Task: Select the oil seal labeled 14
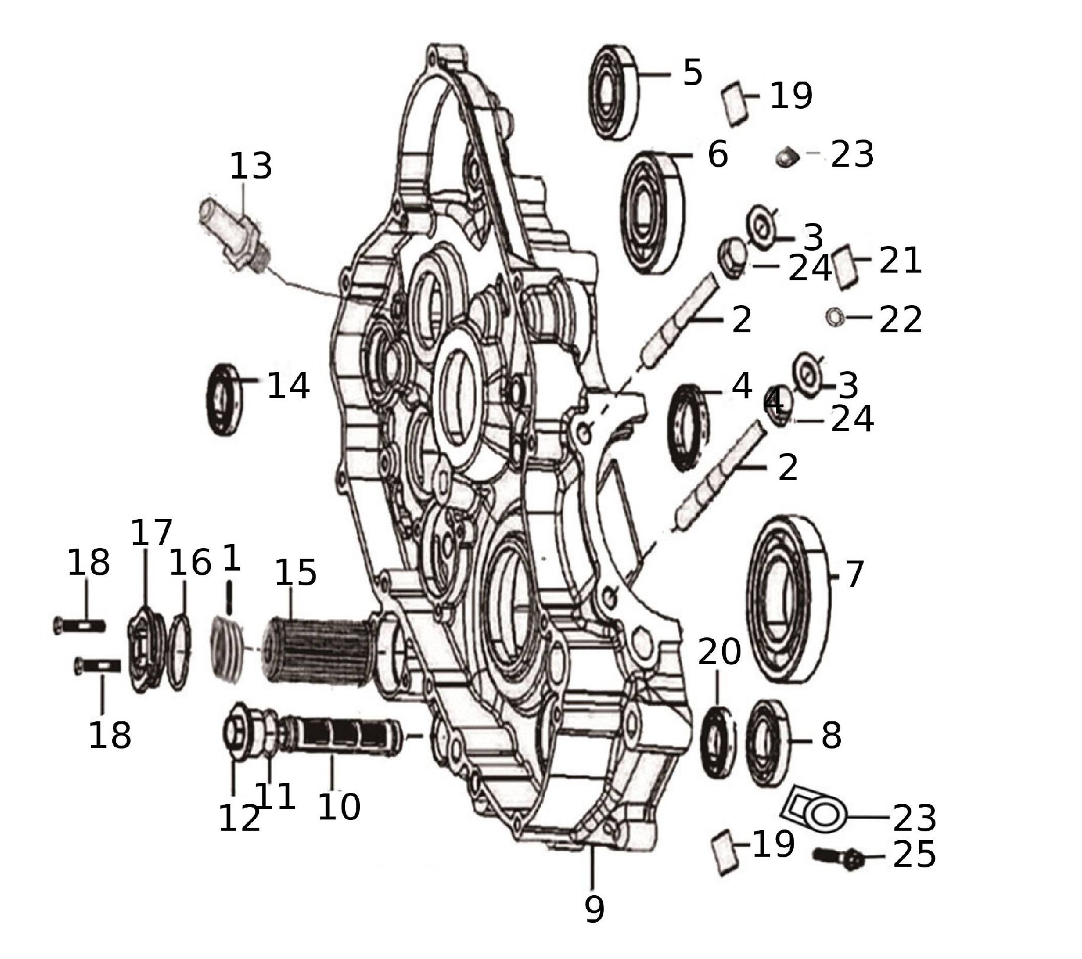tap(224, 400)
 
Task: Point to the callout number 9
tap(594, 909)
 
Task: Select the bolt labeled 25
tap(839, 858)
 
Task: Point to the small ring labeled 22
tap(834, 317)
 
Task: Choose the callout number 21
tap(900, 260)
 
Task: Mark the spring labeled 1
tap(227, 649)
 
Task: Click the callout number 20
tap(719, 652)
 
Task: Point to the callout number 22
tap(900, 320)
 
